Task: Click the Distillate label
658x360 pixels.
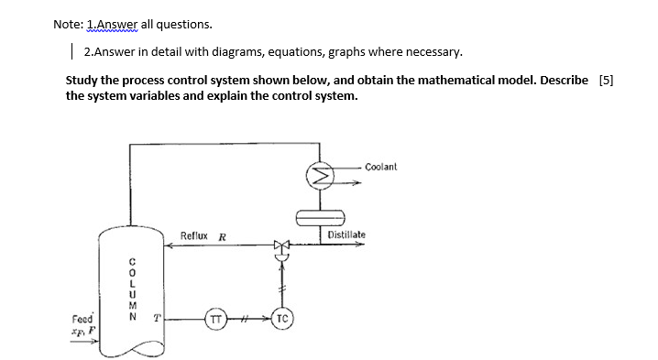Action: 346,235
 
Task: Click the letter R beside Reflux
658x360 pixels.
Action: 222,236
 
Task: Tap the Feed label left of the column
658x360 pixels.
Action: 82,320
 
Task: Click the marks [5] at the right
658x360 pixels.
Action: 605,80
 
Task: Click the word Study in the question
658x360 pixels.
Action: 82,80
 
